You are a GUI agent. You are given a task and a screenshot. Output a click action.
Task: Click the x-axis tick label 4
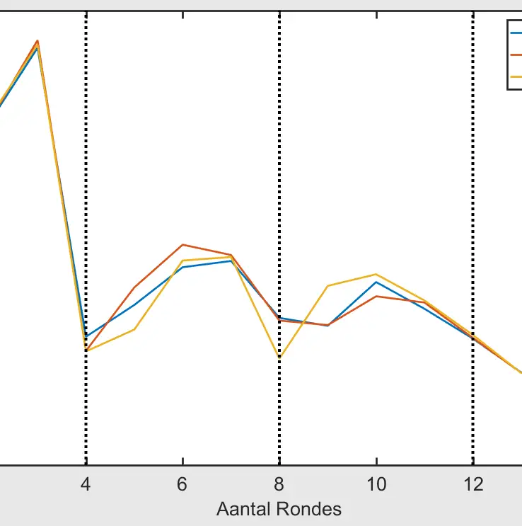pyautogui.click(x=86, y=484)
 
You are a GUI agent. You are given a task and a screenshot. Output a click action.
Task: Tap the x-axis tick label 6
pyautogui.click(x=182, y=484)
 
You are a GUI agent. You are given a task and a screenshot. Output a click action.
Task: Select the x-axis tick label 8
pyautogui.click(x=279, y=484)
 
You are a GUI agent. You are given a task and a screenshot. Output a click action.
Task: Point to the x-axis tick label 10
pyautogui.click(x=376, y=484)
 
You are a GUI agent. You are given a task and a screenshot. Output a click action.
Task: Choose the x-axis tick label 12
pyautogui.click(x=472, y=484)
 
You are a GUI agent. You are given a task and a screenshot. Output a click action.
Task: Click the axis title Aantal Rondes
pyautogui.click(x=279, y=508)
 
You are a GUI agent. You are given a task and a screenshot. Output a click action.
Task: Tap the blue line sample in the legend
pyautogui.click(x=516, y=32)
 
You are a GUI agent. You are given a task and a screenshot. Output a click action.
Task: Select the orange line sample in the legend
pyautogui.click(x=516, y=54)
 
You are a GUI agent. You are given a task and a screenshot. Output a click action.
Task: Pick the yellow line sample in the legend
pyautogui.click(x=516, y=75)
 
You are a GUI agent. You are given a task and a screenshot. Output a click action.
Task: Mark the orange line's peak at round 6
pyautogui.click(x=182, y=245)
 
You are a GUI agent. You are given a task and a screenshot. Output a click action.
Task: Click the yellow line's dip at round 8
pyautogui.click(x=279, y=358)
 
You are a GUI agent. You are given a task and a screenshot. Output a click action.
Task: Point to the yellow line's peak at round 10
pyautogui.click(x=376, y=274)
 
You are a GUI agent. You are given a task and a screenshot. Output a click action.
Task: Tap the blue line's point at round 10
pyautogui.click(x=376, y=282)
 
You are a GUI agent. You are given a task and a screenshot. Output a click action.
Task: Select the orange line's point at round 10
pyautogui.click(x=376, y=296)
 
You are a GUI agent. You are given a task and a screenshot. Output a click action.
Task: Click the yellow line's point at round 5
pyautogui.click(x=134, y=329)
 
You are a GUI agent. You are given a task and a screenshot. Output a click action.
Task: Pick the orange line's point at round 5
pyautogui.click(x=134, y=287)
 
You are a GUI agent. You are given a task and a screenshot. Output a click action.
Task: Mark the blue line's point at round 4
pyautogui.click(x=86, y=336)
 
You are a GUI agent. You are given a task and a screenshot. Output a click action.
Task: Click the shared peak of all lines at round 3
pyautogui.click(x=37, y=42)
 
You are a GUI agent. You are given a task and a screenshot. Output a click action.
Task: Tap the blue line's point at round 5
pyautogui.click(x=134, y=304)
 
